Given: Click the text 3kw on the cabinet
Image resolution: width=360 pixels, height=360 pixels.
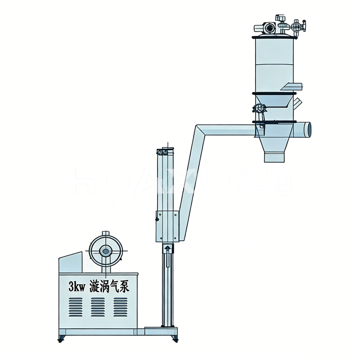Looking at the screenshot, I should coord(76,286).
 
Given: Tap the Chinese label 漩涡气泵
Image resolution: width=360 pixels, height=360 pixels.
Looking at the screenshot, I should coord(110,286).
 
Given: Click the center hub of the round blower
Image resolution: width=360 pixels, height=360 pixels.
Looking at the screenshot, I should coord(105,251).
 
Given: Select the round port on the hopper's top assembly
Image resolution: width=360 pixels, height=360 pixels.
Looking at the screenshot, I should coord(267,27).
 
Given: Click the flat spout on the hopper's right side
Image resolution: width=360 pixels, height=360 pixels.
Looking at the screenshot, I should coord(292,86).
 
